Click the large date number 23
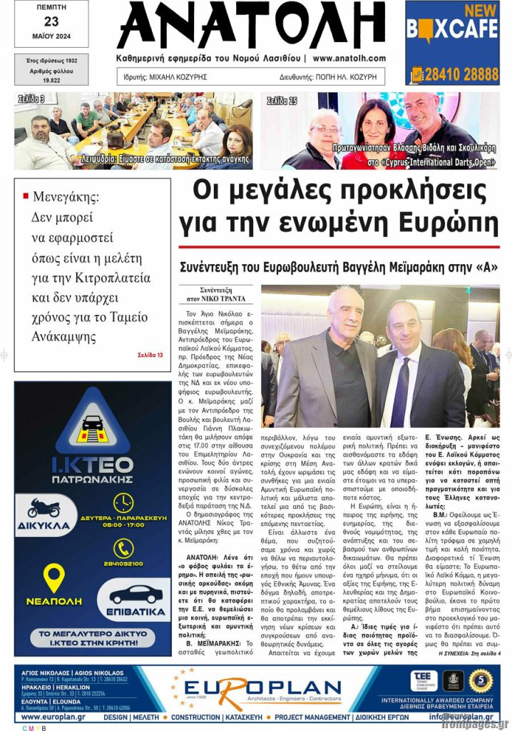coord(51,21)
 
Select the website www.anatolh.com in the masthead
coord(349,59)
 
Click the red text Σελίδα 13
coord(150,355)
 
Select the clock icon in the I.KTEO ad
coord(123,502)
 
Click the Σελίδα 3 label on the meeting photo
coord(31,99)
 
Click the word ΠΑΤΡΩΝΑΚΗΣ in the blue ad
coord(93,480)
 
